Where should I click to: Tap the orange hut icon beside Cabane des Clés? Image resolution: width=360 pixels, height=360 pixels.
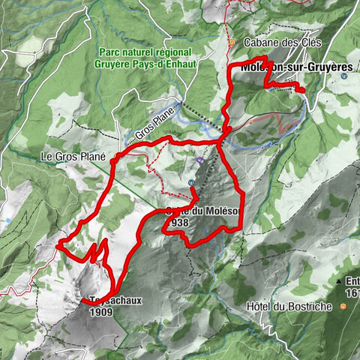click(x=232, y=42)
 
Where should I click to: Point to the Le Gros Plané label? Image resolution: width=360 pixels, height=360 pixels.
click(x=73, y=157)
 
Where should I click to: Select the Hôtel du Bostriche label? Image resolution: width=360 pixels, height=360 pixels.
click(x=289, y=307)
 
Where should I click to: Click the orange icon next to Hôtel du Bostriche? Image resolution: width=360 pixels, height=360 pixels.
click(x=342, y=306)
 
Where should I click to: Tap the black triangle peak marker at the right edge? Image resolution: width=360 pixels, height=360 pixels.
click(x=349, y=281)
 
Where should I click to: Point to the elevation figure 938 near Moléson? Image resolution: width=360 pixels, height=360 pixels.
click(x=180, y=223)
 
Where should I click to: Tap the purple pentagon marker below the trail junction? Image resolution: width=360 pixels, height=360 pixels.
click(x=200, y=160)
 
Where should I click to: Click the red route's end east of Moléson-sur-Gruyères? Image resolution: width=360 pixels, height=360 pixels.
click(x=303, y=91)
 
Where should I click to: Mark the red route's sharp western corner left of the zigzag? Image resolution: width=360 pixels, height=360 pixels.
click(x=58, y=244)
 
